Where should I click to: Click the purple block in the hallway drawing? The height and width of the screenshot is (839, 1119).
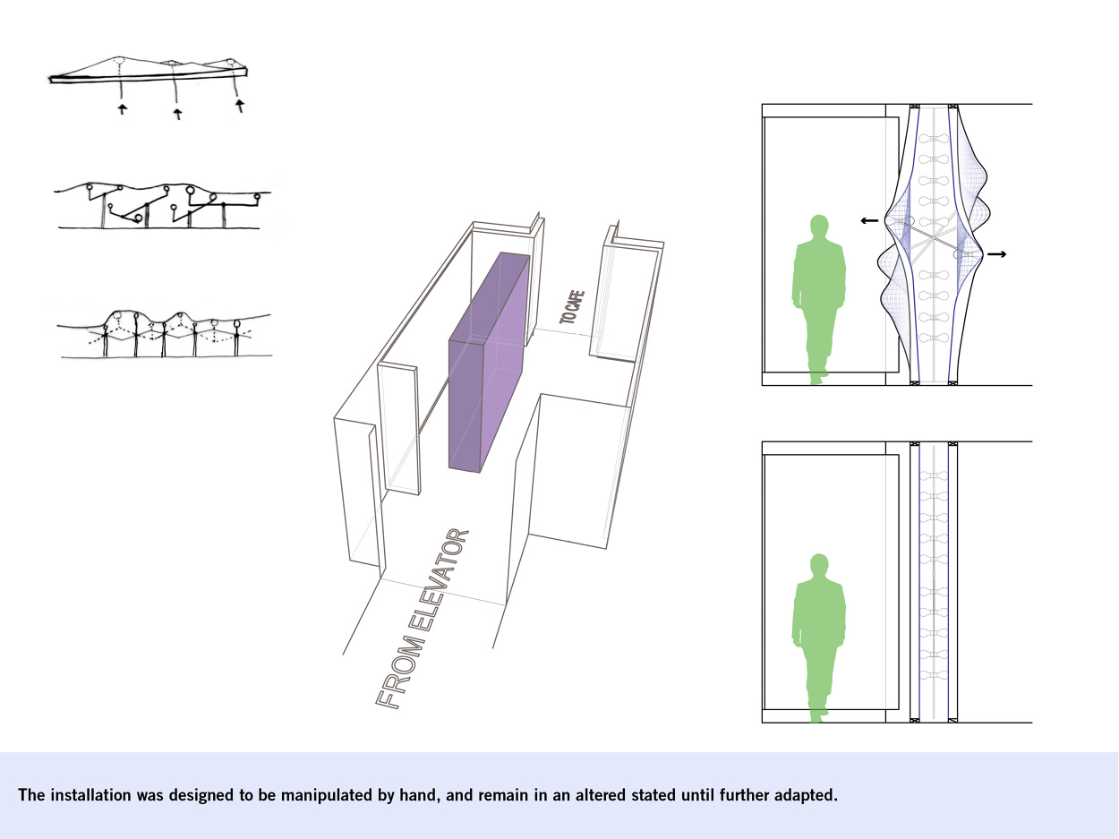489,363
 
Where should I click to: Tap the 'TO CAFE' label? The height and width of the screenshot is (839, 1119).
571,307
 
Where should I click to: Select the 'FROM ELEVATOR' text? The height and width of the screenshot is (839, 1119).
423,619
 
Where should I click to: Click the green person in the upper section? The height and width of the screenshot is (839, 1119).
819,299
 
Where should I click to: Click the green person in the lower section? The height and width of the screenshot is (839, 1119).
819,638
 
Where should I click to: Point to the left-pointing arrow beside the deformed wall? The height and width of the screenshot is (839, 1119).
869,220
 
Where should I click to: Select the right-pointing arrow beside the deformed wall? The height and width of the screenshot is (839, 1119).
997,253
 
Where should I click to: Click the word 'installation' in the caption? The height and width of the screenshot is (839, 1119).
90,795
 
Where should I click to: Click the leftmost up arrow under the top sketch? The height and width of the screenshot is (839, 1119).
122,108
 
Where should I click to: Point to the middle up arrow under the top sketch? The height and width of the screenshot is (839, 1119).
177,114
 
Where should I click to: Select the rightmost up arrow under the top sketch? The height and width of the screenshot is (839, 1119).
240,106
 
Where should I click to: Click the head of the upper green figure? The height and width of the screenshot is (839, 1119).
819,226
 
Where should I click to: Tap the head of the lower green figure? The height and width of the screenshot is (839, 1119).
819,565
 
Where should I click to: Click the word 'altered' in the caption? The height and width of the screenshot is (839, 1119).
601,795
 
